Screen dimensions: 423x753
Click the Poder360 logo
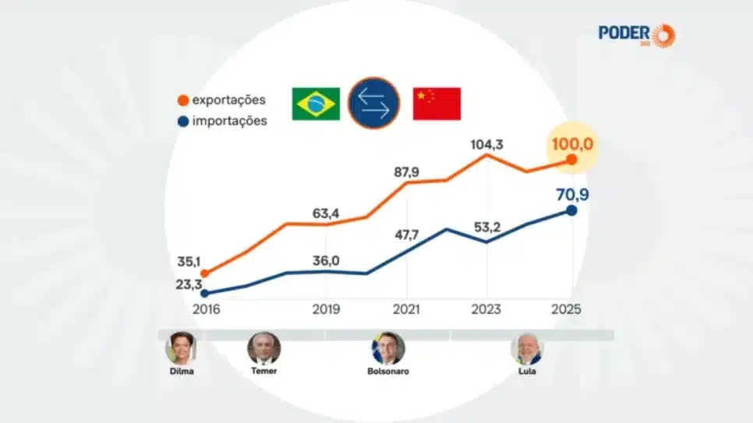tap(637, 34)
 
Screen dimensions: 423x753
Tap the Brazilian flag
tap(316, 104)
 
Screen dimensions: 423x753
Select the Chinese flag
tap(437, 104)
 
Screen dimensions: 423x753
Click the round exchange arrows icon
tap(374, 103)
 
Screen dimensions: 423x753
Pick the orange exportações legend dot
tap(182, 100)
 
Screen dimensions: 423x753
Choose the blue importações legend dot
tap(182, 121)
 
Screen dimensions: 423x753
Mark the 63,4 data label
tap(325, 213)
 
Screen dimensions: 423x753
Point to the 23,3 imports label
tap(189, 284)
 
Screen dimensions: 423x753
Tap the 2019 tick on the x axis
tap(325, 309)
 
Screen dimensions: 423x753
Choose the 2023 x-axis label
tap(486, 309)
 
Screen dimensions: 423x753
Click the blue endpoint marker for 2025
tap(571, 210)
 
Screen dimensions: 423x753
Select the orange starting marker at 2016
tap(204, 273)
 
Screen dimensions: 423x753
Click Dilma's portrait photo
tap(180, 348)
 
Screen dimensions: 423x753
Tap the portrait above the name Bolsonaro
tap(387, 348)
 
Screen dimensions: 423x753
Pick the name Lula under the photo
tap(527, 372)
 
